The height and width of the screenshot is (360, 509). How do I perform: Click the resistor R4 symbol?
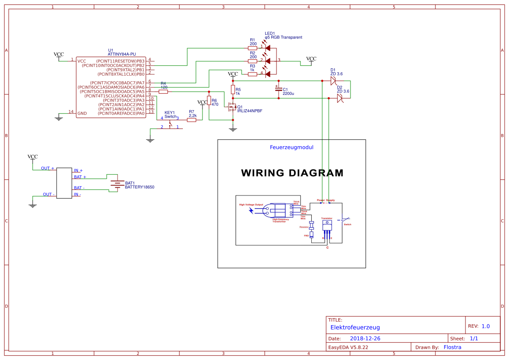[x=163, y=91]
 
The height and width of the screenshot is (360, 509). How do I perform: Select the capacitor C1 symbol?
[x=279, y=90]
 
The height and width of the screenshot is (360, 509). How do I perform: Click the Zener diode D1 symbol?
[x=334, y=81]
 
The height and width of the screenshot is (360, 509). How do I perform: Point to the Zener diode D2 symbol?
[x=340, y=98]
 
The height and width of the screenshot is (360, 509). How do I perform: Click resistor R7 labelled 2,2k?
[x=192, y=120]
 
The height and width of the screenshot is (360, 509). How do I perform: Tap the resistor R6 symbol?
[x=209, y=101]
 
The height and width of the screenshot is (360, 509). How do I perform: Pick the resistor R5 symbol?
[x=233, y=90]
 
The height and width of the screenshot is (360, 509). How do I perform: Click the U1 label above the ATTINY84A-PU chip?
[x=111, y=50]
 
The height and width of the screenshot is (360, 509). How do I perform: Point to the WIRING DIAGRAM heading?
[x=292, y=173]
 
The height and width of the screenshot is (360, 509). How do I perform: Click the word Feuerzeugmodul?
[x=291, y=147]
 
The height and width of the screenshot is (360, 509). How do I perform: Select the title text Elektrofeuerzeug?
[x=355, y=327]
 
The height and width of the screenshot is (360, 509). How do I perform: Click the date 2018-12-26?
[x=365, y=338]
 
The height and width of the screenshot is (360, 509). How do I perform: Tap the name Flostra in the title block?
[x=452, y=347]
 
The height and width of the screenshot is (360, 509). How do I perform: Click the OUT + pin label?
[x=47, y=168]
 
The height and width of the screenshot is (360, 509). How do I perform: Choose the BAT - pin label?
[x=80, y=188]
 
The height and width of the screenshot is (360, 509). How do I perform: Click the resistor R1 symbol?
[x=253, y=48]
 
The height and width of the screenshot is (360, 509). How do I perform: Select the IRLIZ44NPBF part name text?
[x=250, y=111]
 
